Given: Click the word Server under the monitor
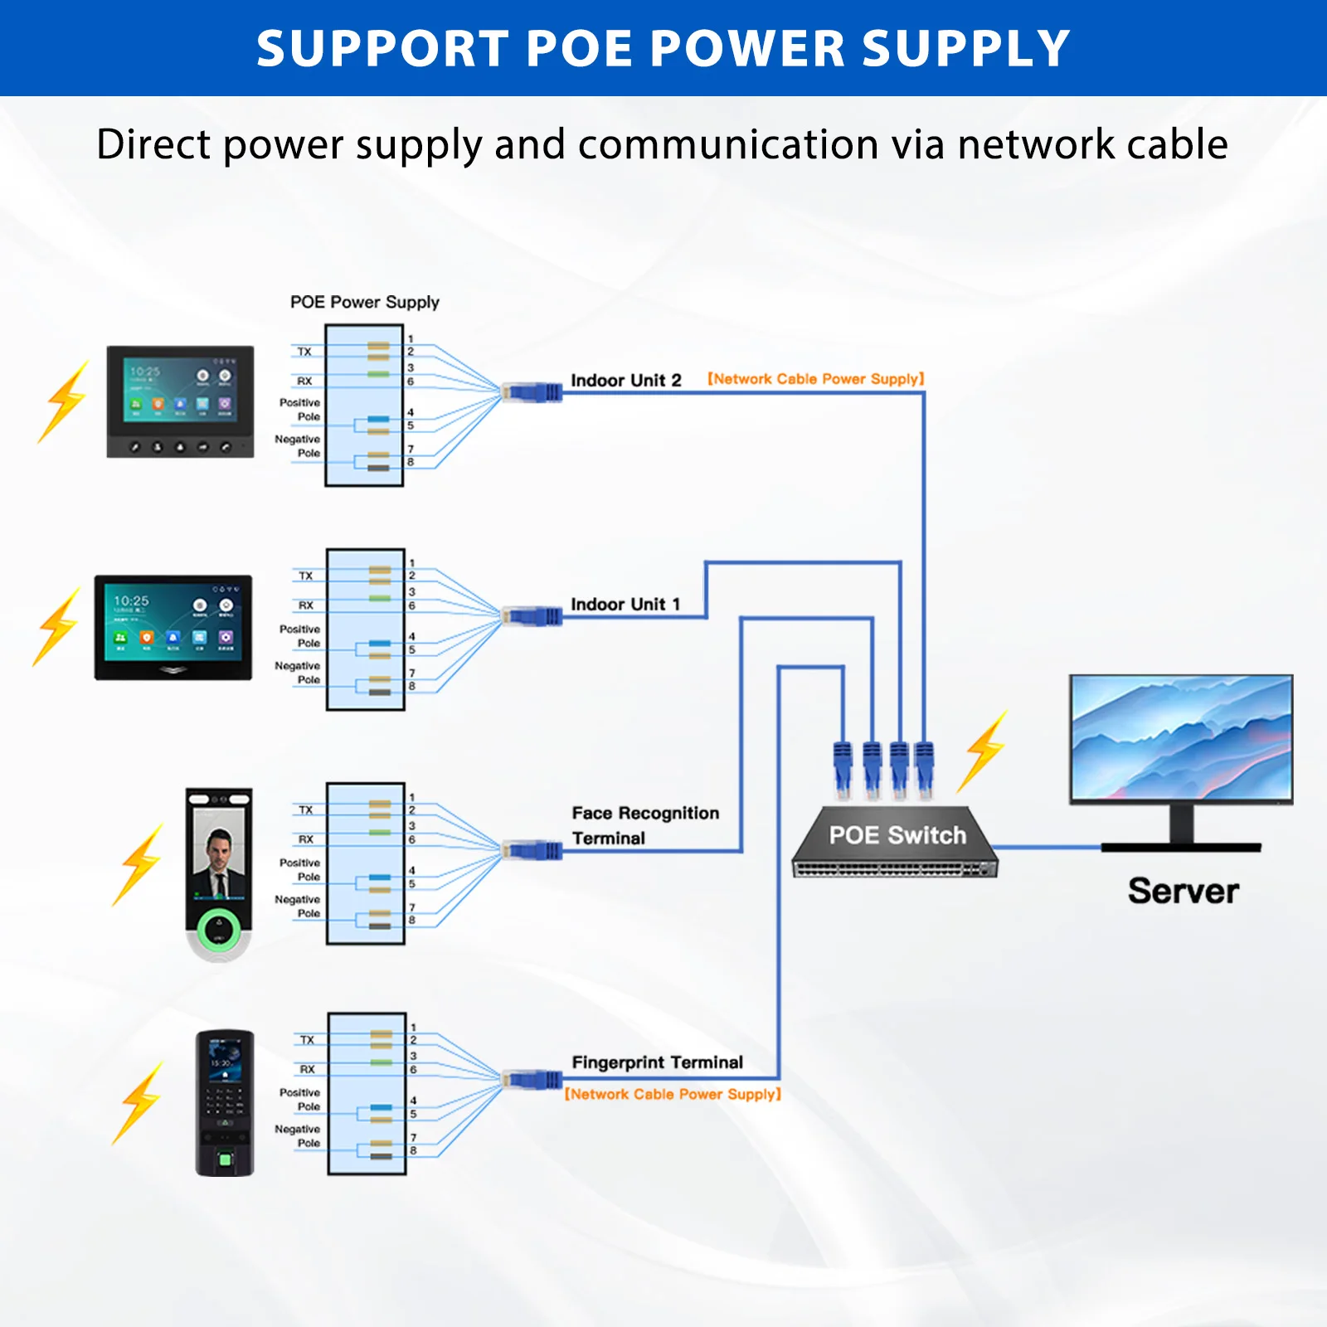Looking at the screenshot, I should [x=1183, y=891].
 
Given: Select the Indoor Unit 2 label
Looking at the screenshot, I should [x=625, y=381].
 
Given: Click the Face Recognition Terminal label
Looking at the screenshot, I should [x=644, y=825].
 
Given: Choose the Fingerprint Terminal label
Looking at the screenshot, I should [x=657, y=1062].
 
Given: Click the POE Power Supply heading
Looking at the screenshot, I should [x=364, y=302].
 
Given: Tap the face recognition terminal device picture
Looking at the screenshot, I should [x=218, y=875].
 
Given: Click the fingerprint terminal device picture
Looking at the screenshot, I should [x=224, y=1103].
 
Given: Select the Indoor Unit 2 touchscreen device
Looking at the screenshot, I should [x=180, y=402].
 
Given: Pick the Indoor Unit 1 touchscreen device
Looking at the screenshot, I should [x=173, y=628].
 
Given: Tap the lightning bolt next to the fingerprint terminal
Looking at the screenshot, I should [x=139, y=1104].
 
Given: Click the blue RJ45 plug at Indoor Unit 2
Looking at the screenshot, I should [x=532, y=391].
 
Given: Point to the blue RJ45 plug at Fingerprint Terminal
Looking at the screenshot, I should [x=532, y=1080].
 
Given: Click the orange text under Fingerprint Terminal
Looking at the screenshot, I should [x=673, y=1095].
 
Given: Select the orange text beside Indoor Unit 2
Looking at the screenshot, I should [x=815, y=379].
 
